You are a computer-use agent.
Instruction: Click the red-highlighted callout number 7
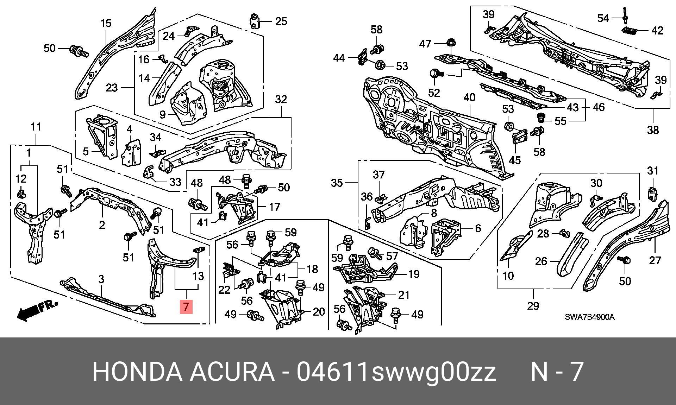(186, 306)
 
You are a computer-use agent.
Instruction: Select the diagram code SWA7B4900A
(590, 317)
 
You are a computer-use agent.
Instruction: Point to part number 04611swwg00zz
(396, 372)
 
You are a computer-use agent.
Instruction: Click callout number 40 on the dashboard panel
(470, 98)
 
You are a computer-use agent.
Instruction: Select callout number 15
(106, 24)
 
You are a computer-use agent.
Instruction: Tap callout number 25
(281, 21)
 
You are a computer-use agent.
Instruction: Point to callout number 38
(653, 130)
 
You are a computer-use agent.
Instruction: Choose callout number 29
(533, 305)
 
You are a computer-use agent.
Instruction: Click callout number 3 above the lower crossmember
(101, 279)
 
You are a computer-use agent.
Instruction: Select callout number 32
(281, 100)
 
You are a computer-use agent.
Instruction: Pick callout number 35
(337, 183)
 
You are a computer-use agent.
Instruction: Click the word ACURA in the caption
(232, 372)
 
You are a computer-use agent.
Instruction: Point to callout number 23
(112, 87)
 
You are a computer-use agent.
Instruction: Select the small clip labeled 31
(652, 194)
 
